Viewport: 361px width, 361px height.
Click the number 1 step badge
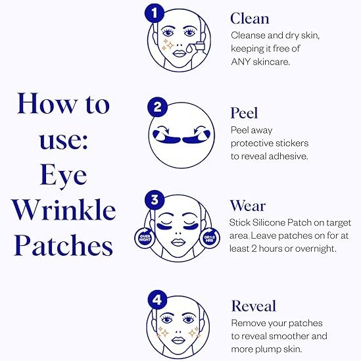155,12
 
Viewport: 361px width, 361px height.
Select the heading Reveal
254,306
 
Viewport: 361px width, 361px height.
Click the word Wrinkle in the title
64,210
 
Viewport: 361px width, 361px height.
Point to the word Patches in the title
64,245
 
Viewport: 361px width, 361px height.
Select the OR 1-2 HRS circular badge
210,239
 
